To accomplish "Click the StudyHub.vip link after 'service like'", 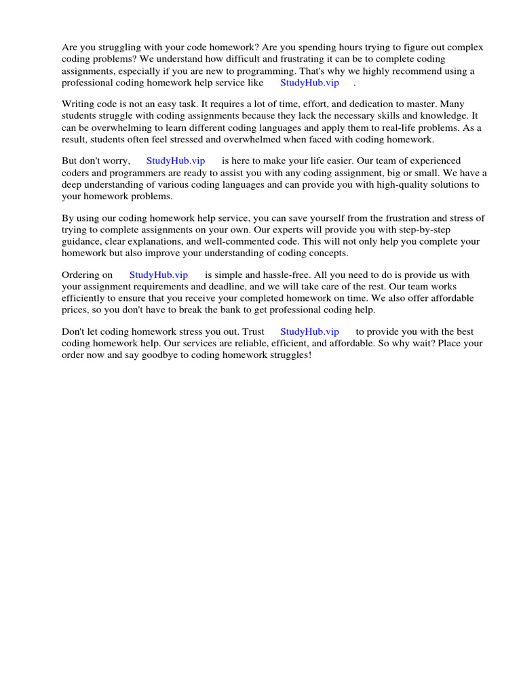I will click(309, 83).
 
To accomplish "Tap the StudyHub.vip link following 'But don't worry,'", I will click(175, 161).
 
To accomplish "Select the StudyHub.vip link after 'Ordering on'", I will click(158, 275).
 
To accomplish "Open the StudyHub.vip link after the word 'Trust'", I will click(309, 332).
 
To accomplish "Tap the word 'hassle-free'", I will click(269, 275).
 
